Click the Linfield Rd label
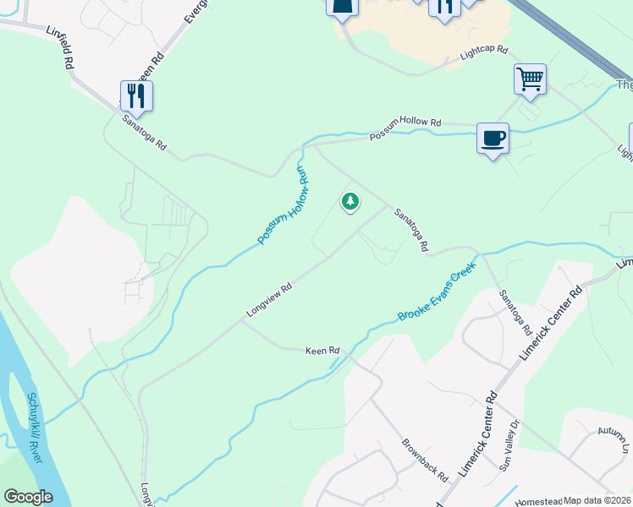[x=69, y=52]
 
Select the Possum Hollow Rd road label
[x=405, y=128]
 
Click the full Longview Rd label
[x=269, y=300]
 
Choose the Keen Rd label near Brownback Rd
[x=322, y=350]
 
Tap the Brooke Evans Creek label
[x=438, y=292]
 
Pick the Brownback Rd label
[x=424, y=459]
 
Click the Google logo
[x=28, y=497]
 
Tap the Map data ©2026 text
[x=597, y=500]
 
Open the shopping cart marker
[x=530, y=79]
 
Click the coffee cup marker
[x=493, y=139]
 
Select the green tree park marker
[x=350, y=201]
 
